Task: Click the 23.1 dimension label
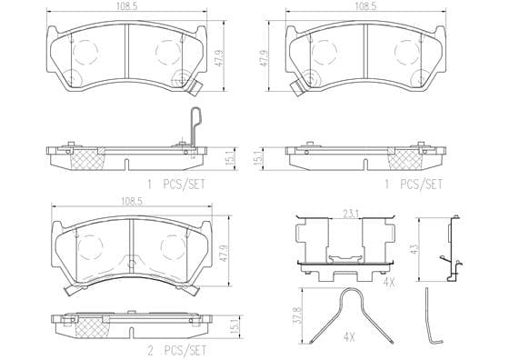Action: tap(351, 214)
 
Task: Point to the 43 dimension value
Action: tap(414, 249)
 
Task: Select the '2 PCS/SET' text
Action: tap(177, 350)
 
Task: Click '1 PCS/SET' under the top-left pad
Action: tap(176, 185)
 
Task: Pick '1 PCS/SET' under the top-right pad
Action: tap(414, 185)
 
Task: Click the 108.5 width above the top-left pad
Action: tap(127, 6)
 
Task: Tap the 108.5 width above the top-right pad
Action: tap(365, 6)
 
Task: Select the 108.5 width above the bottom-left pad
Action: tap(132, 201)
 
